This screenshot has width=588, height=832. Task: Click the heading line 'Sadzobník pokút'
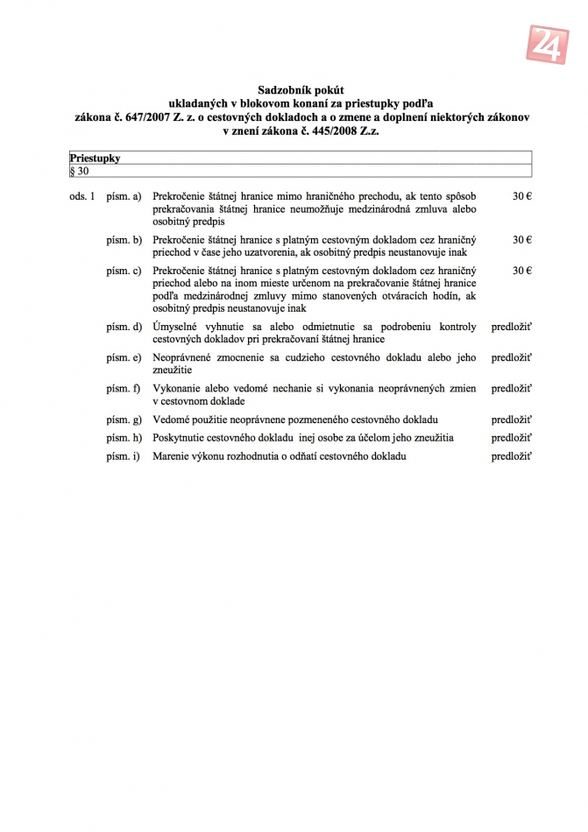pos(301,90)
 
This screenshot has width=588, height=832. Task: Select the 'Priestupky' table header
pos(96,159)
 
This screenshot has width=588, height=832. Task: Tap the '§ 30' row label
pos(80,171)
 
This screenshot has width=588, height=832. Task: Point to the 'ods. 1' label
pos(81,196)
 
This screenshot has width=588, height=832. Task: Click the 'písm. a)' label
pos(124,196)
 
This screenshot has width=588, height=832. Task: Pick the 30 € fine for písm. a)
pos(521,196)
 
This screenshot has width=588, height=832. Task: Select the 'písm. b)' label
pos(124,239)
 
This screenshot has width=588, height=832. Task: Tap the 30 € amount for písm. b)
pos(521,239)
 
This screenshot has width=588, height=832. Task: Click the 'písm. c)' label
pos(124,271)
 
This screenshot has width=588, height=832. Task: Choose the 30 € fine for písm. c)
pos(521,271)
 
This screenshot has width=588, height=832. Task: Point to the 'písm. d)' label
pos(124,327)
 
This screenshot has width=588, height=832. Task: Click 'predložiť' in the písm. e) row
pos(512,357)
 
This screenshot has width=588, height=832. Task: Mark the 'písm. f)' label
pos(124,388)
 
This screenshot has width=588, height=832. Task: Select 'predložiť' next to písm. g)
pos(512,420)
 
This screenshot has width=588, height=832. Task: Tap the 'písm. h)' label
pos(124,438)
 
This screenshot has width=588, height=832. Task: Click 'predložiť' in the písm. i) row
pos(512,456)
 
